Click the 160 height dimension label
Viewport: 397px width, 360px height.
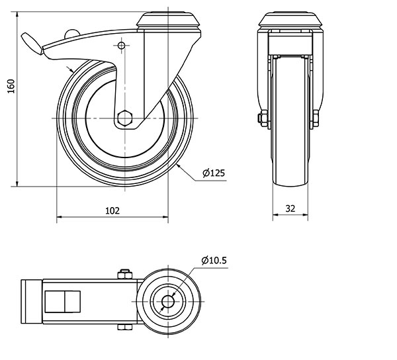pos(11,86)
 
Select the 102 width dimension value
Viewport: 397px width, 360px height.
pos(112,210)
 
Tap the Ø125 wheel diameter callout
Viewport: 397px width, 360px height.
pos(214,173)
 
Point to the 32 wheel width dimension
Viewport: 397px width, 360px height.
pos(290,208)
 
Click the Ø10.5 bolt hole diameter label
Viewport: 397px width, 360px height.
pos(214,260)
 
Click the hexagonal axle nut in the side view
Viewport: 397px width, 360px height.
pos(125,118)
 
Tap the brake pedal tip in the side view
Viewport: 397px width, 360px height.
pos(32,44)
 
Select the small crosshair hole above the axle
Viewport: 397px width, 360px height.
pos(122,46)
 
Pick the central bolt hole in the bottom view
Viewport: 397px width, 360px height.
pos(168,302)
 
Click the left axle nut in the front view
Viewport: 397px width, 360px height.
pos(263,118)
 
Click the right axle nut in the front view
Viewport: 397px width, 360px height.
pos(316,118)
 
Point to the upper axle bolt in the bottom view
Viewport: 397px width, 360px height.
pos(125,275)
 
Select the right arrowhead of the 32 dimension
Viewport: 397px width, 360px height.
pos(305,214)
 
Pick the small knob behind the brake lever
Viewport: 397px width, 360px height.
pos(72,34)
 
